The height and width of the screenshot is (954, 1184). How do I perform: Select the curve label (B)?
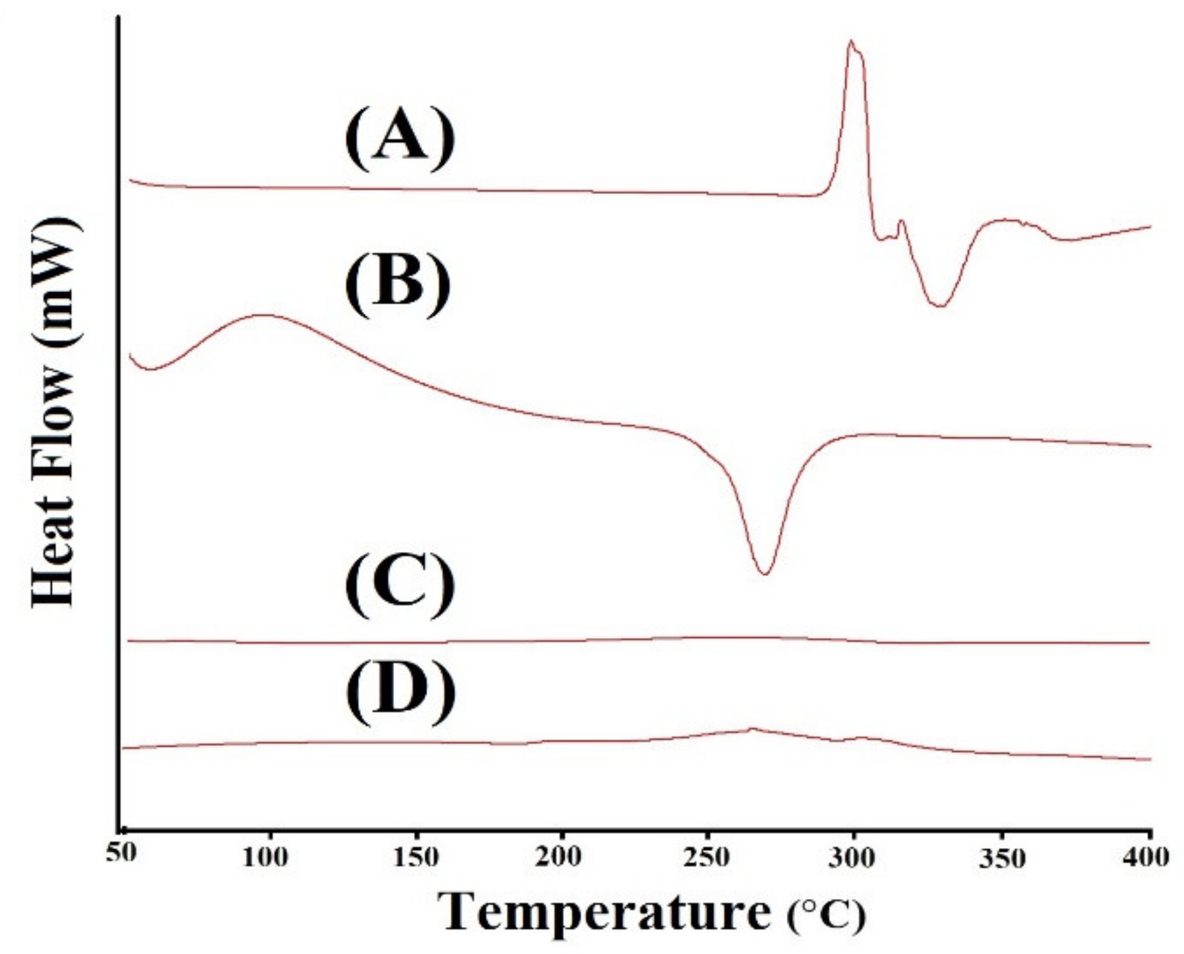click(x=397, y=284)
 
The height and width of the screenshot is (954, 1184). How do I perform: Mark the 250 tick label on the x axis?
click(x=708, y=858)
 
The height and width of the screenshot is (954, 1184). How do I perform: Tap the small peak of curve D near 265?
click(x=751, y=728)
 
